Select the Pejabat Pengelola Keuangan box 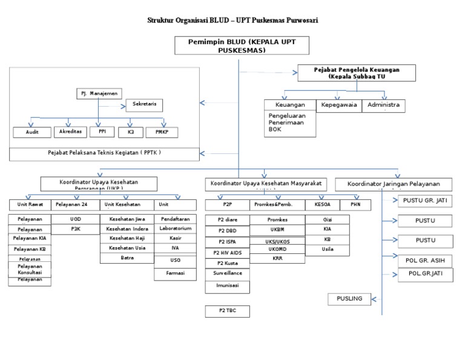[x=357, y=73]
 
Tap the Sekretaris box [x=144, y=105]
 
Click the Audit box [x=31, y=132]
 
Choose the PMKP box [x=162, y=132]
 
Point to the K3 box [x=130, y=132]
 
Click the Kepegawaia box [x=338, y=105]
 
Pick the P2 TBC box [x=227, y=311]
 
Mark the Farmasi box [x=175, y=274]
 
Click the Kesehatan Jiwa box [x=127, y=219]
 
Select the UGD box [x=75, y=219]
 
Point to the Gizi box [x=327, y=219]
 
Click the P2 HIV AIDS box [x=227, y=252]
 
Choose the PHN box [x=355, y=205]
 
